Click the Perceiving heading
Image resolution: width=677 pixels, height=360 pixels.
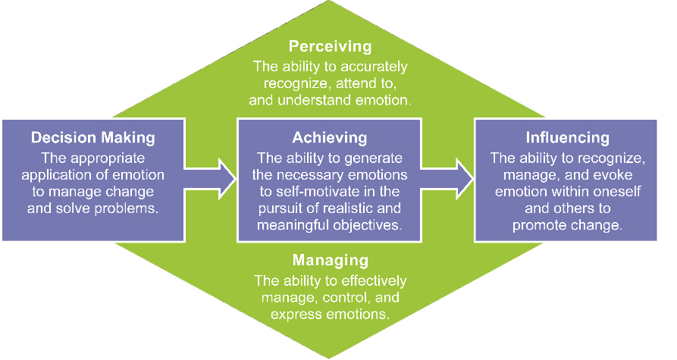pyautogui.click(x=330, y=47)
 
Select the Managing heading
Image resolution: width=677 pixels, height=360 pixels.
pyautogui.click(x=331, y=260)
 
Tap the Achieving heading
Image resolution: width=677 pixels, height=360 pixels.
pyautogui.click(x=330, y=138)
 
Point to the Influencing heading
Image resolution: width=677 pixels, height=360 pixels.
pyautogui.click(x=567, y=138)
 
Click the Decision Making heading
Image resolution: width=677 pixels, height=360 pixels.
pyautogui.click(x=92, y=138)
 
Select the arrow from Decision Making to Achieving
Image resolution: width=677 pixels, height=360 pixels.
pyautogui.click(x=210, y=178)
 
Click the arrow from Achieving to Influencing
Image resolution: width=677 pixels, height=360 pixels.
pyautogui.click(x=447, y=178)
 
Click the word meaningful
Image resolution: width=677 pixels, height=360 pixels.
pyautogui.click(x=292, y=225)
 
